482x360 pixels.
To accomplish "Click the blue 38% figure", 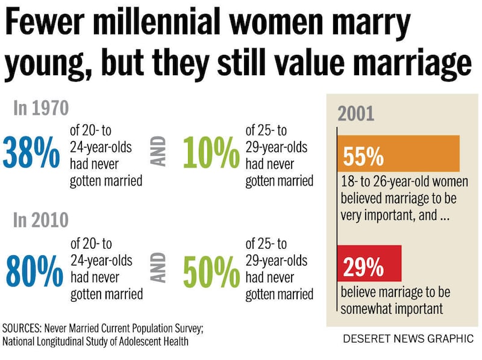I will coord(31,155).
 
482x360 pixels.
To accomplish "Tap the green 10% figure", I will coord(211,155).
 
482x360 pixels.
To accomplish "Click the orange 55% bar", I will coord(398,154).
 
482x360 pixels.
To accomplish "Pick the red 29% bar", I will coord(369,264).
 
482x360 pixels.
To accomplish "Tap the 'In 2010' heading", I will coord(41,221).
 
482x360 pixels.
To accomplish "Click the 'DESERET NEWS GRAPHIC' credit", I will coord(408,338).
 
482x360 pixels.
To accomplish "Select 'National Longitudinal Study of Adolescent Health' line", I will coord(96,342).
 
